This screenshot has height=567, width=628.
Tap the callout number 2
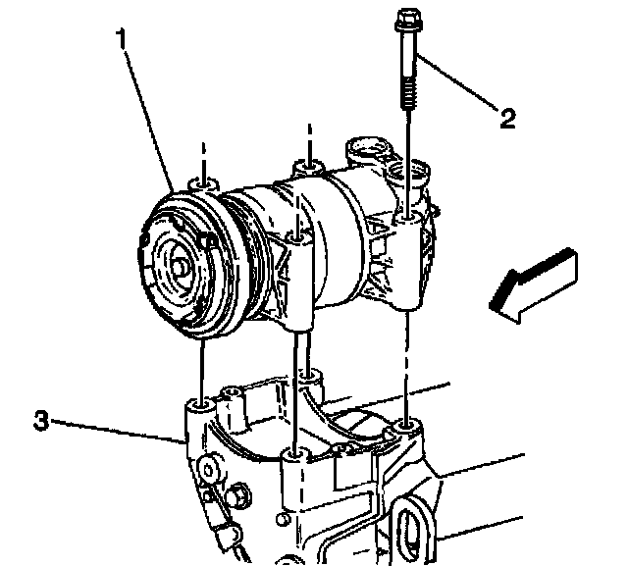coord(507,119)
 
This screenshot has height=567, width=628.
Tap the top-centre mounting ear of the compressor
coord(308,170)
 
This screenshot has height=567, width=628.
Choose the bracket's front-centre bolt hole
coord(293,455)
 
